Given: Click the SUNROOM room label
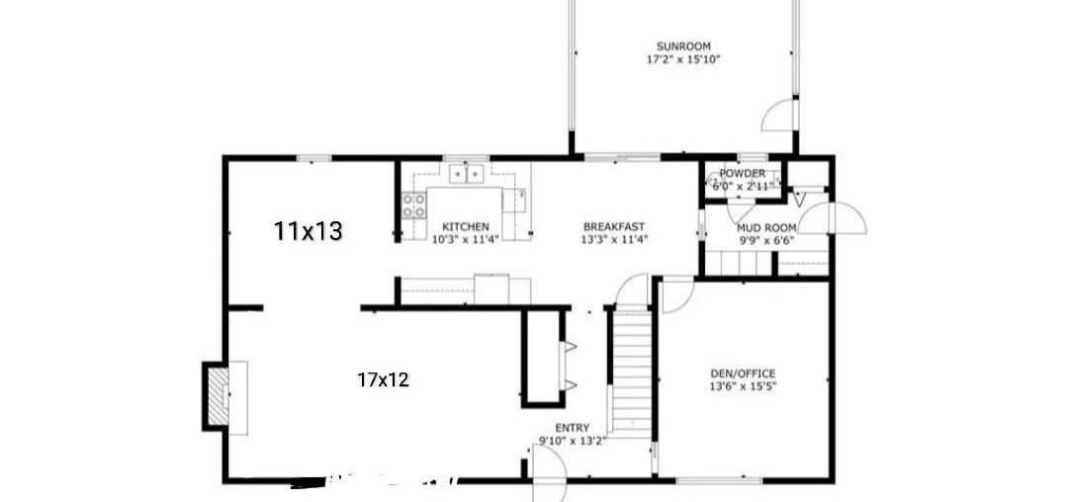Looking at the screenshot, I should [683, 46].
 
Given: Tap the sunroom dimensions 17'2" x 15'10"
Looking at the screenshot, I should [683, 59].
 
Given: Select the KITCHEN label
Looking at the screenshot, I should [465, 226].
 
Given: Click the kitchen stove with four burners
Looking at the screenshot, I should [414, 206].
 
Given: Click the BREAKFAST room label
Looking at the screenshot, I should [613, 226].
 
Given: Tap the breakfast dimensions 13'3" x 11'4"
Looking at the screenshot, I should [613, 239].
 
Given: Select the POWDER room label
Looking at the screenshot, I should [742, 174].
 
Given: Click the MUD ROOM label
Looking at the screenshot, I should [766, 227].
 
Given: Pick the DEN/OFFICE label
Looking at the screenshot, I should [743, 374].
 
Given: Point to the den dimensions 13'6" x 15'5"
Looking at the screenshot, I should [743, 386].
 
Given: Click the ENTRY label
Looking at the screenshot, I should [572, 428].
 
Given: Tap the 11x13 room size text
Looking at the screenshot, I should [308, 232].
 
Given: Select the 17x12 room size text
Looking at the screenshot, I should [383, 378].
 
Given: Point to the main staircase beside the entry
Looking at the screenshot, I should [631, 371].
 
